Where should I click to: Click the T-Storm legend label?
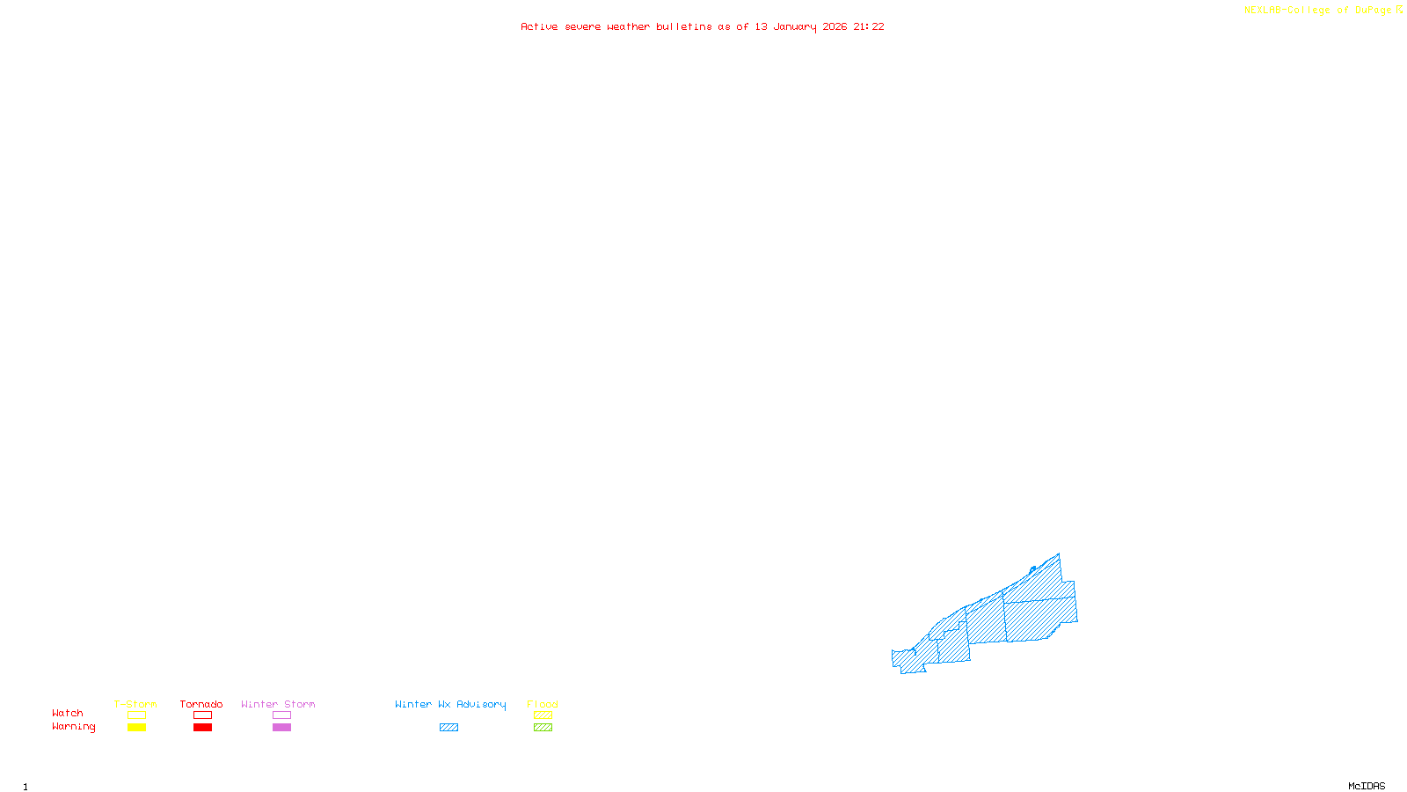(135, 704)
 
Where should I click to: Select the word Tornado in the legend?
(201, 704)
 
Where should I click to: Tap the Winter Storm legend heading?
(278, 704)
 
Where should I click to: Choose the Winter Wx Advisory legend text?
(450, 704)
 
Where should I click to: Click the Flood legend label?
(543, 704)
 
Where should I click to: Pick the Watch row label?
(68, 713)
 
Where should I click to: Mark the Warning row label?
(74, 727)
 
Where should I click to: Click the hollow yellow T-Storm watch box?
(136, 715)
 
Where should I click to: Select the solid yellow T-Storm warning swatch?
(136, 728)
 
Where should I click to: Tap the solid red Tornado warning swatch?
(203, 728)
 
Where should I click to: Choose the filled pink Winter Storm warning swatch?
(281, 728)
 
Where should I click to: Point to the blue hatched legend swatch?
(448, 728)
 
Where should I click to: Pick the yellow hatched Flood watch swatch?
(543, 715)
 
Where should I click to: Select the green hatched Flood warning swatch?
(543, 728)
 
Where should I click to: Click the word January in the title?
(794, 26)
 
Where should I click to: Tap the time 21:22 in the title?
(869, 26)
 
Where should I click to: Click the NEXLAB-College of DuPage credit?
(1318, 10)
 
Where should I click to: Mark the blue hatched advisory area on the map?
(1011, 616)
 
